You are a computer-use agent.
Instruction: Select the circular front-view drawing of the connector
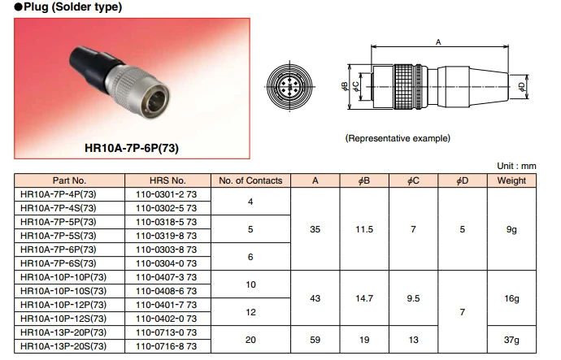coord(295,86)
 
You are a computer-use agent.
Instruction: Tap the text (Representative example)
coord(398,138)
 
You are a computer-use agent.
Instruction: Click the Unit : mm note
coord(517,166)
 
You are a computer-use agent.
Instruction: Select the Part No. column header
coord(69,180)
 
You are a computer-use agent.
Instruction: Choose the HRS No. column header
coord(167,180)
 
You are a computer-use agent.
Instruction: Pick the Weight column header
coord(511,180)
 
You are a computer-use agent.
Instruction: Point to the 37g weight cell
coord(511,340)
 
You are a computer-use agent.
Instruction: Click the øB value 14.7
coord(364,299)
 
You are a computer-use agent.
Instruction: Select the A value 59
coord(315,340)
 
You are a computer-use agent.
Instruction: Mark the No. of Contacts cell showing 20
coord(250,340)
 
